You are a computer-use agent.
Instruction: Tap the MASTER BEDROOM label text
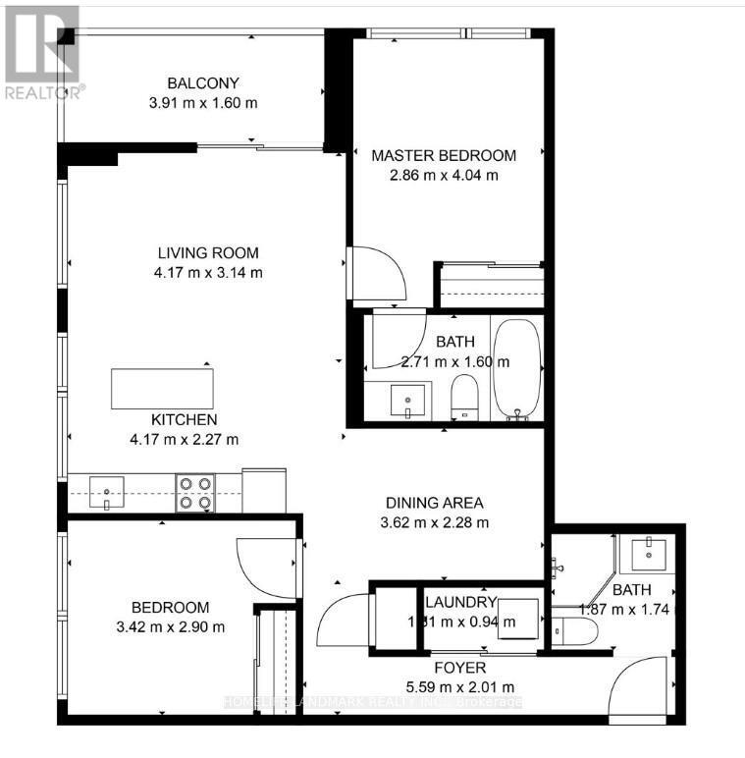pyautogui.click(x=444, y=155)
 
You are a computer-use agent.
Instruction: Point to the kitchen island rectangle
pyautogui.click(x=162, y=387)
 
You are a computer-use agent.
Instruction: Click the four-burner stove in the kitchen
pyautogui.click(x=194, y=493)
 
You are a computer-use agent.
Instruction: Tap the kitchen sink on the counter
pyautogui.click(x=106, y=489)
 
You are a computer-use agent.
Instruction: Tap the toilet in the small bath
pyautogui.click(x=579, y=631)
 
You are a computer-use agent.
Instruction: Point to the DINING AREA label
pyautogui.click(x=435, y=502)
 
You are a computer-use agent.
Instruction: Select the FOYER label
pyautogui.click(x=458, y=668)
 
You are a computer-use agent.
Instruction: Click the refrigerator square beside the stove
pyautogui.click(x=263, y=489)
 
